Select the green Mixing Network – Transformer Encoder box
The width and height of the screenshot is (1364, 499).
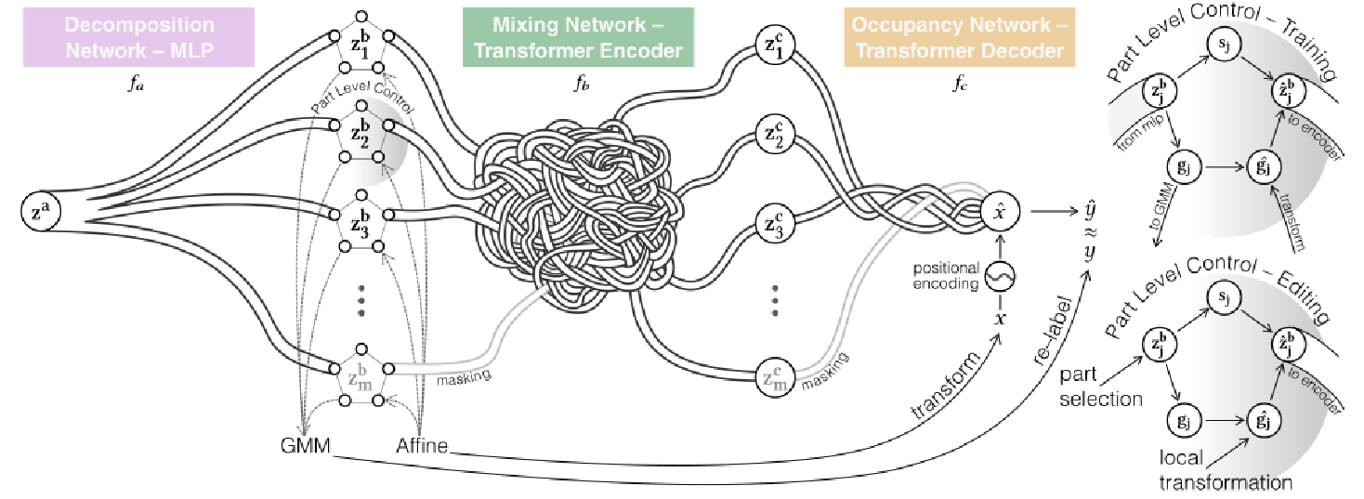pos(577,37)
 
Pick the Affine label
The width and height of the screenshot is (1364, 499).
pos(422,446)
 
